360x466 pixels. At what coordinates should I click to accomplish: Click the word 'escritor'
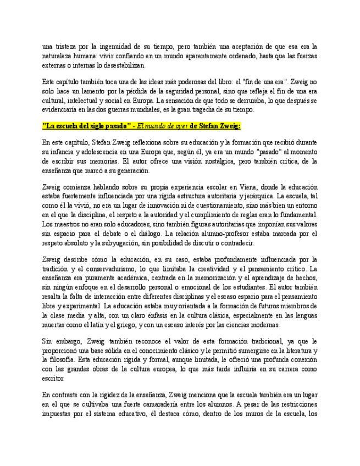53,378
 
